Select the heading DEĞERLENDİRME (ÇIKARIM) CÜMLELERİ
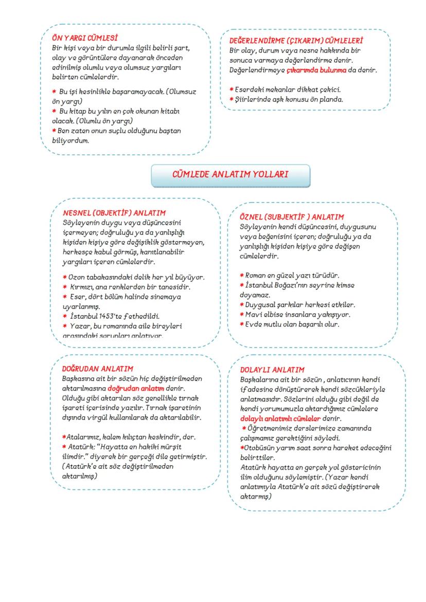click(296, 40)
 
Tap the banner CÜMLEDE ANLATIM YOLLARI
click(230, 174)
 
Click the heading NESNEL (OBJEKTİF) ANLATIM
click(114, 212)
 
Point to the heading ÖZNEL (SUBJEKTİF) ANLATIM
click(292, 217)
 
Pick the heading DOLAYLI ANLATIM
click(272, 370)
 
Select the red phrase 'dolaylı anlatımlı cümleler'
click(280, 419)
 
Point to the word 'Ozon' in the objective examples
click(77, 277)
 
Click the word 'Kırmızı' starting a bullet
click(83, 286)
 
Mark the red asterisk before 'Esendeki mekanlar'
click(232, 90)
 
